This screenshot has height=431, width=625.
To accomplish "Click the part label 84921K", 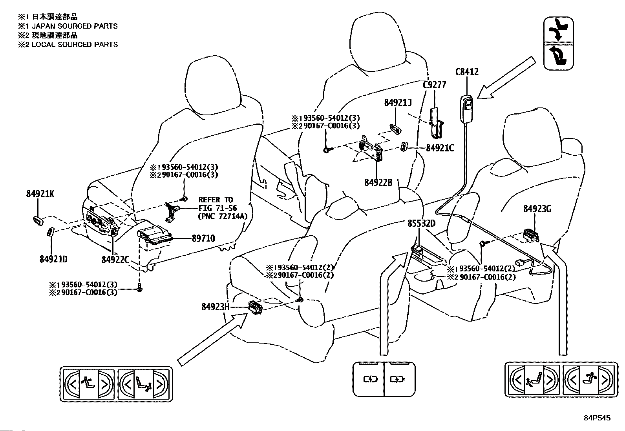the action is pos(40,194).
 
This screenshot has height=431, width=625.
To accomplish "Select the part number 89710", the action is pos(203,238).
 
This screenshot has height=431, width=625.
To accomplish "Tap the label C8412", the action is pos(467,72).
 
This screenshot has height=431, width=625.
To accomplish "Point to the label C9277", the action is pos(435,85).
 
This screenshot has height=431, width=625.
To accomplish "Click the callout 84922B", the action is pos(378,183).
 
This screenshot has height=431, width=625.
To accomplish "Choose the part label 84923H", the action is pos(216,307).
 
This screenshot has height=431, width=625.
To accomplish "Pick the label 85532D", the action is pos(421,223).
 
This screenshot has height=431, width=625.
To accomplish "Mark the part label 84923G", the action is pos(537,209).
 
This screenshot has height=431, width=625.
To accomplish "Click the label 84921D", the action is pos(53,259).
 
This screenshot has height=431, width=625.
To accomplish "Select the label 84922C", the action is pos(115,260).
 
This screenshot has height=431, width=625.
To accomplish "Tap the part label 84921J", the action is pos(398,103).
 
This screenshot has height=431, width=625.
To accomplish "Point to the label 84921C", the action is pos(440,148).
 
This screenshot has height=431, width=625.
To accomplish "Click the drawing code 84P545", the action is pos(597,418).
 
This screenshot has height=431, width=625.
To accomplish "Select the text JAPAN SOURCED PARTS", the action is pos(75,26).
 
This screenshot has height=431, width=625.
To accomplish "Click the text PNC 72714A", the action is pos(223,216).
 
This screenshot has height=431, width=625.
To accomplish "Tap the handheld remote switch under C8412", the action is pos(466,109).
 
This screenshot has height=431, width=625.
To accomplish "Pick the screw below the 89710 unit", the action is pos(140,288).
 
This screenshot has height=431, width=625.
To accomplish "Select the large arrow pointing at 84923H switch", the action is pos(213,339).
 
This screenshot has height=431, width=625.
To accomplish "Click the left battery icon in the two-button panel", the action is pos(370,379).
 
